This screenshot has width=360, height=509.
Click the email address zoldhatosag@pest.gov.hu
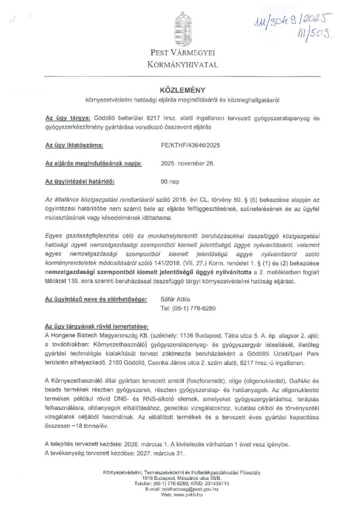pos(191,490)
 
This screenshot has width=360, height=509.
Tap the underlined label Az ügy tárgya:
pos(68,118)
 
